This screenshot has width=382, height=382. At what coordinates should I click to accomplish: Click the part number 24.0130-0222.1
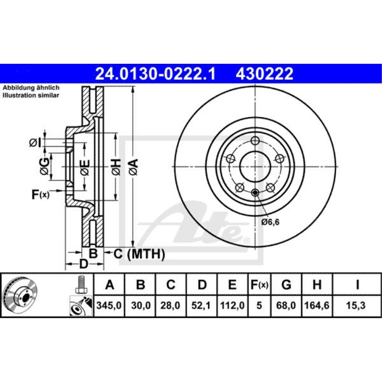pos(155,73)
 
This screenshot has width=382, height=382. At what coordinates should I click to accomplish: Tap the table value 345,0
pos(110,306)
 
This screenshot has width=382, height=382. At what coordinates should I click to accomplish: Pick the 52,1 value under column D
pos(202,306)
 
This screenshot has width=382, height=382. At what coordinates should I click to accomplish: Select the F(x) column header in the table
pos(259,285)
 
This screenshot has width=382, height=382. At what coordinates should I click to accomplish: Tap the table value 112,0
pos(233,306)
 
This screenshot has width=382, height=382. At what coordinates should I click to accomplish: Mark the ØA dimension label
pos(133,167)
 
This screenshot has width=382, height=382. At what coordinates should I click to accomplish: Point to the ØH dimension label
pos(116,167)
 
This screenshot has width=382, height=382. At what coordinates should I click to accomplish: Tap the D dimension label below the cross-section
pos(84,264)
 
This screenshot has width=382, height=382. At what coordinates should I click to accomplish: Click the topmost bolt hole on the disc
pos(256,140)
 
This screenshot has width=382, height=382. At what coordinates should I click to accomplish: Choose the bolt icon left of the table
pos(81,285)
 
